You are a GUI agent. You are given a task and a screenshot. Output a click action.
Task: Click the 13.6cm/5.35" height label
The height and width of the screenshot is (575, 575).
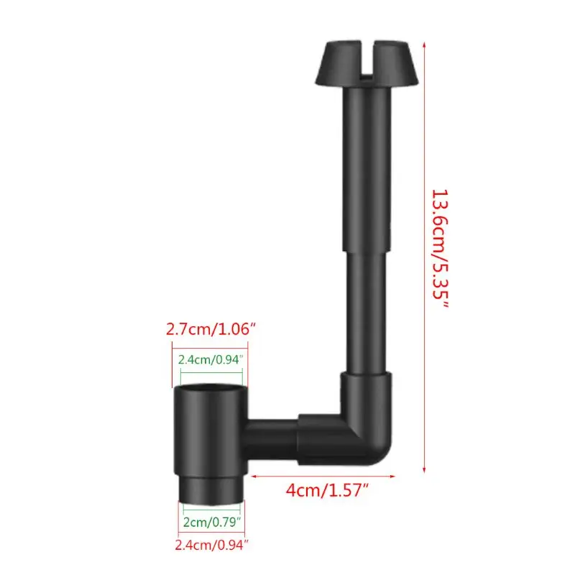tap(440, 249)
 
